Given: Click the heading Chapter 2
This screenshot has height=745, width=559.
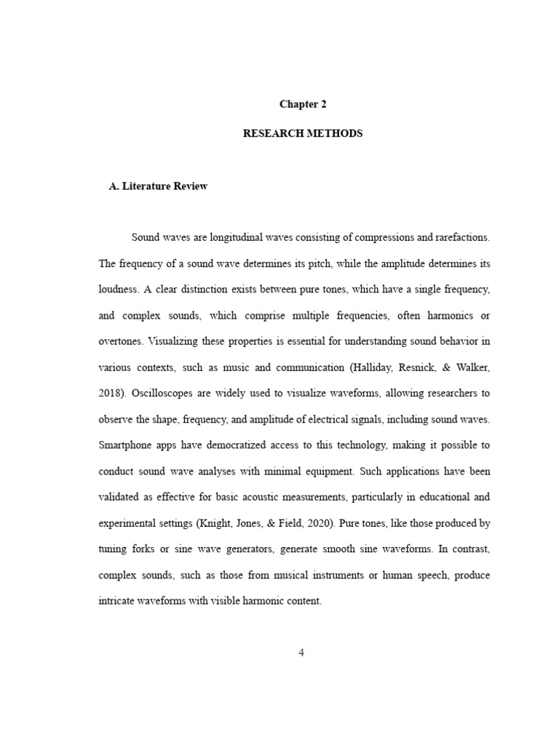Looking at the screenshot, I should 303,104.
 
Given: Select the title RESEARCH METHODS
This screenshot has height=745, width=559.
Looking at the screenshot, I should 303,134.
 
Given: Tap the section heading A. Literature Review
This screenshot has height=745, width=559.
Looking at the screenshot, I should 158,186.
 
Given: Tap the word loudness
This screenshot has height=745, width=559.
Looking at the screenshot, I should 117,289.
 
